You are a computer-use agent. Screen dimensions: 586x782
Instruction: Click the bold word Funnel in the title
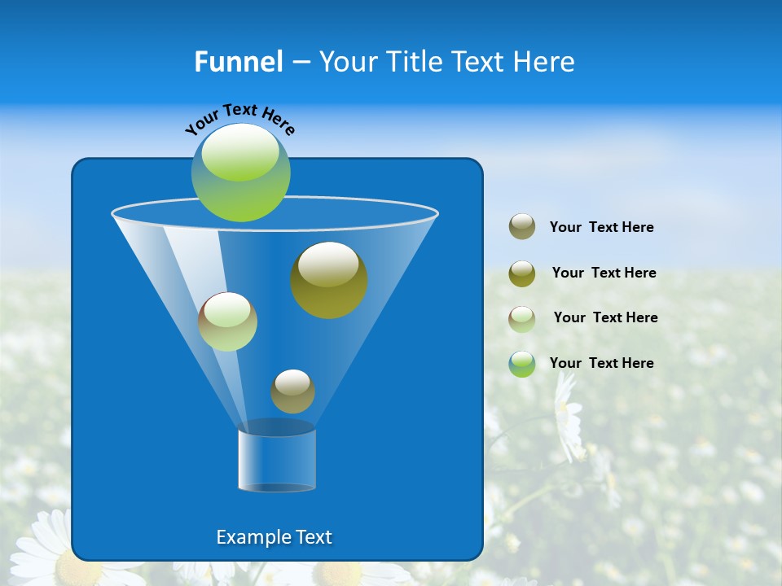(x=238, y=62)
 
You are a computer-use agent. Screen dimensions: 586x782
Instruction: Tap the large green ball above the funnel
(x=241, y=173)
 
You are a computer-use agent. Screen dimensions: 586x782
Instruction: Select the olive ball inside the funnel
(x=329, y=280)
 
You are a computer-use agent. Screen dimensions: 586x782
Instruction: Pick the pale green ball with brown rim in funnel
(x=227, y=321)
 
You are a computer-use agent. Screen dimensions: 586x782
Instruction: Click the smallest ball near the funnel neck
(x=292, y=391)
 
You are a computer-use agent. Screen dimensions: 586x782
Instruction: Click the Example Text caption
(x=275, y=537)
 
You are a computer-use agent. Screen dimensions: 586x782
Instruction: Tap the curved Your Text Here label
(x=239, y=119)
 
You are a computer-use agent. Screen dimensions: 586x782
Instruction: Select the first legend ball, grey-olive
(x=522, y=227)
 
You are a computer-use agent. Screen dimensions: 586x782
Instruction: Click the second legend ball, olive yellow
(x=522, y=273)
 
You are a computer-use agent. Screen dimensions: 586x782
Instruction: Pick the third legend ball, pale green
(x=522, y=318)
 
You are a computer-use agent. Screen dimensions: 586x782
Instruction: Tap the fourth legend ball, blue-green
(x=522, y=364)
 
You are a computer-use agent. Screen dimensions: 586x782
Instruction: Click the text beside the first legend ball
(x=601, y=228)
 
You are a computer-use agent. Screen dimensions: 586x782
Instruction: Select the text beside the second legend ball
(x=604, y=273)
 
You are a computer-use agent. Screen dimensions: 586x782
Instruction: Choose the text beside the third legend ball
(x=605, y=317)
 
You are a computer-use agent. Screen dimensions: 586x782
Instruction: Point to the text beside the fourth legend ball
(x=601, y=363)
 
